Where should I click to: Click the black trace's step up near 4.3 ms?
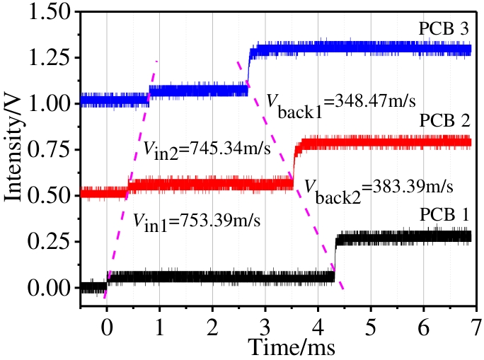pos(335,258)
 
